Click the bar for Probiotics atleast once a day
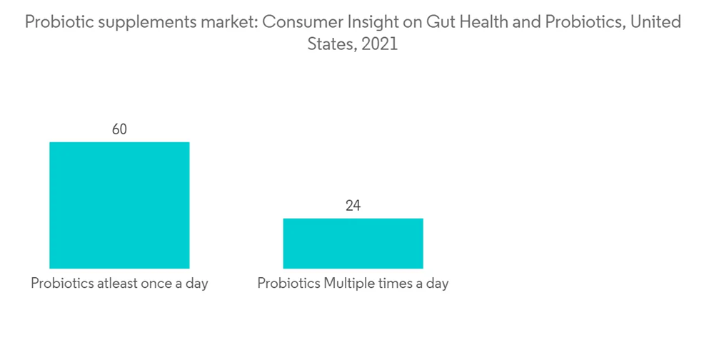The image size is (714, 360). coord(119,205)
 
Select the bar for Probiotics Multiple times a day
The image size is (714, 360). coord(353,243)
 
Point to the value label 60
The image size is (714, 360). coord(119,129)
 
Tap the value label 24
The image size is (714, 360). coord(353,206)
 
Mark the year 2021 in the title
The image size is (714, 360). coord(379,44)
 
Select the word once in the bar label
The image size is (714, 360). coord(165,284)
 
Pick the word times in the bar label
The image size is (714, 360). coord(398,284)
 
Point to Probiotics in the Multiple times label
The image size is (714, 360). coord(289,284)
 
